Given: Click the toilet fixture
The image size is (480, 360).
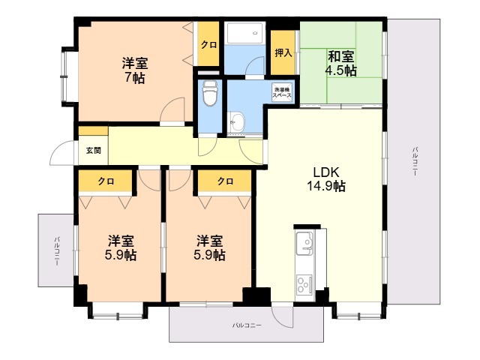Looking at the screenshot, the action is pyautogui.click(x=210, y=93).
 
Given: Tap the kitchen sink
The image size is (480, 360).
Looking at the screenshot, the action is pyautogui.click(x=304, y=243).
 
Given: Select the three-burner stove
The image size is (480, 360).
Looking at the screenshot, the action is pyautogui.click(x=304, y=284).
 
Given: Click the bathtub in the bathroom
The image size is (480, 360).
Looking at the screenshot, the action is pyautogui.click(x=244, y=33).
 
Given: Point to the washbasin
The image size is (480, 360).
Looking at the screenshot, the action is pyautogui.click(x=237, y=121).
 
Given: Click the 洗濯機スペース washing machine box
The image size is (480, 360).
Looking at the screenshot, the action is pyautogui.click(x=282, y=92).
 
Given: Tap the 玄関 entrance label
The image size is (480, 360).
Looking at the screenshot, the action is pyautogui.click(x=93, y=151).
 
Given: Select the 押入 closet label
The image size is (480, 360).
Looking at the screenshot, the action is pyautogui.click(x=283, y=52).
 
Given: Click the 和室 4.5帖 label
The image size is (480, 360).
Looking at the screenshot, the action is pyautogui.click(x=340, y=64).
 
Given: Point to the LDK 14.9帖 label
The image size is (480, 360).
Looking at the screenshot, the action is pyautogui.click(x=326, y=179).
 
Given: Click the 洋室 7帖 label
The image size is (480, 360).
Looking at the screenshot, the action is pyautogui.click(x=135, y=70).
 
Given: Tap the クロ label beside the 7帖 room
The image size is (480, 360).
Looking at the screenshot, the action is pyautogui.click(x=208, y=45).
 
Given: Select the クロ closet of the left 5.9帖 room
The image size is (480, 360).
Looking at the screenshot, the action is pyautogui.click(x=106, y=181).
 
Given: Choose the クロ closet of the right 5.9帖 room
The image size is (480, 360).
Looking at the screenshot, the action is pyautogui.click(x=225, y=181).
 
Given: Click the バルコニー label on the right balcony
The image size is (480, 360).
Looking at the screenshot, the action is pyautogui.click(x=415, y=162).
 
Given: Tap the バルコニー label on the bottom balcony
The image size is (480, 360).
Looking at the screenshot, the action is pyautogui.click(x=247, y=325).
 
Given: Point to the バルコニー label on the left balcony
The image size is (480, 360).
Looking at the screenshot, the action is pyautogui.click(x=57, y=251).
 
